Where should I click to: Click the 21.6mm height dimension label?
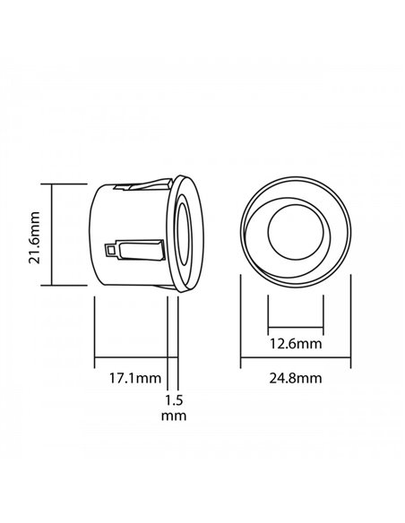(34, 237)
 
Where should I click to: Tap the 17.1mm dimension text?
(135, 378)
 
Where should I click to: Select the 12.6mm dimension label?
(296, 344)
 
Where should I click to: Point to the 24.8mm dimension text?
(296, 378)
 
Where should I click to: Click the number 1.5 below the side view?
(174, 400)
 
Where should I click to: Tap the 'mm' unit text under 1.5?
(174, 416)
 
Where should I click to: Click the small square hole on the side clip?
(109, 250)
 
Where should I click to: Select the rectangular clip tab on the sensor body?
(141, 250)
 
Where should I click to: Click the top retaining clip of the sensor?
(142, 184)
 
